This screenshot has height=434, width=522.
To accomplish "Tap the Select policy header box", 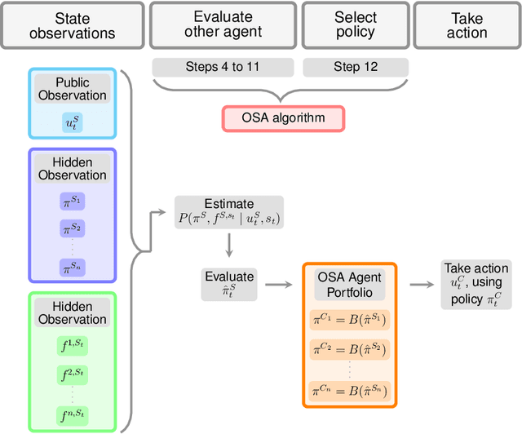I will pyautogui.click(x=356, y=25).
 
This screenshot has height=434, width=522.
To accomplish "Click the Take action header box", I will pyautogui.click(x=467, y=25).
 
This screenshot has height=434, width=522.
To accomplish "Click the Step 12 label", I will pyautogui.click(x=356, y=67).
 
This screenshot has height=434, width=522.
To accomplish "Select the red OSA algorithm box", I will pyautogui.click(x=283, y=117).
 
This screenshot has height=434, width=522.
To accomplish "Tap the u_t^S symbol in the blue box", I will pyautogui.click(x=73, y=122).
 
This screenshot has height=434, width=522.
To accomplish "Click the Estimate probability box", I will pyautogui.click(x=229, y=211).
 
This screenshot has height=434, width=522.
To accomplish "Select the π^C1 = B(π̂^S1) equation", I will pyautogui.click(x=349, y=319).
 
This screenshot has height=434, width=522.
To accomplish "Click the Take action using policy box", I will pyautogui.click(x=476, y=284).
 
